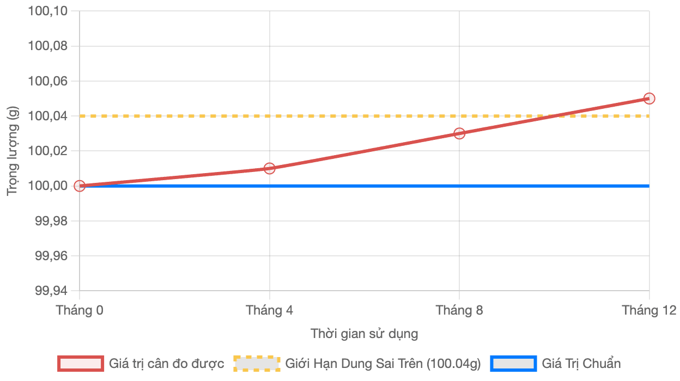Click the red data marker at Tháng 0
click(80, 186)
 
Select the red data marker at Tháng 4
click(270, 168)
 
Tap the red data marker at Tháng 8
click(459, 133)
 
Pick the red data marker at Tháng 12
click(649, 99)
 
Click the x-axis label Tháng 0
click(80, 310)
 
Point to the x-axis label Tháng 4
click(270, 310)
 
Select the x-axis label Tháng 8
click(459, 310)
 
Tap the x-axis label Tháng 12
click(649, 310)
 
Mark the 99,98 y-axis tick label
click(53, 221)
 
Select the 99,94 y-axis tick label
click(53, 291)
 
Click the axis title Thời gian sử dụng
click(365, 334)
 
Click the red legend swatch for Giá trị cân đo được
click(81, 364)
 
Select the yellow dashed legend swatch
click(257, 364)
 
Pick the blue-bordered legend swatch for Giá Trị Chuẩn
click(513, 364)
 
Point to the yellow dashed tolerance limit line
click(327, 116)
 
